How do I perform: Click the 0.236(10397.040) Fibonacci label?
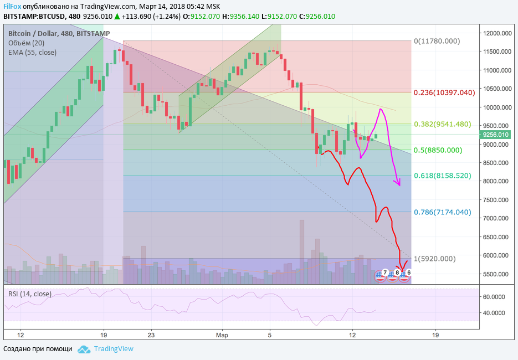[x=444, y=92]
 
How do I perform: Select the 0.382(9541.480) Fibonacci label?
[x=442, y=124]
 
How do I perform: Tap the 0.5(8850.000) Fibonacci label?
[x=438, y=150]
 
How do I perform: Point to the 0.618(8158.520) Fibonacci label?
[x=442, y=176]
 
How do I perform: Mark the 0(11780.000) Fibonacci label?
[x=437, y=41]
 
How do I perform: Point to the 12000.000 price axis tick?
[x=496, y=33]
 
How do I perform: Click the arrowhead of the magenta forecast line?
[x=398, y=184]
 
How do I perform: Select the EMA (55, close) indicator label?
[x=32, y=52]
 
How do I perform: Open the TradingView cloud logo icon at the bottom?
[x=84, y=349]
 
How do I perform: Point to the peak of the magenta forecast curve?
[x=381, y=109]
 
